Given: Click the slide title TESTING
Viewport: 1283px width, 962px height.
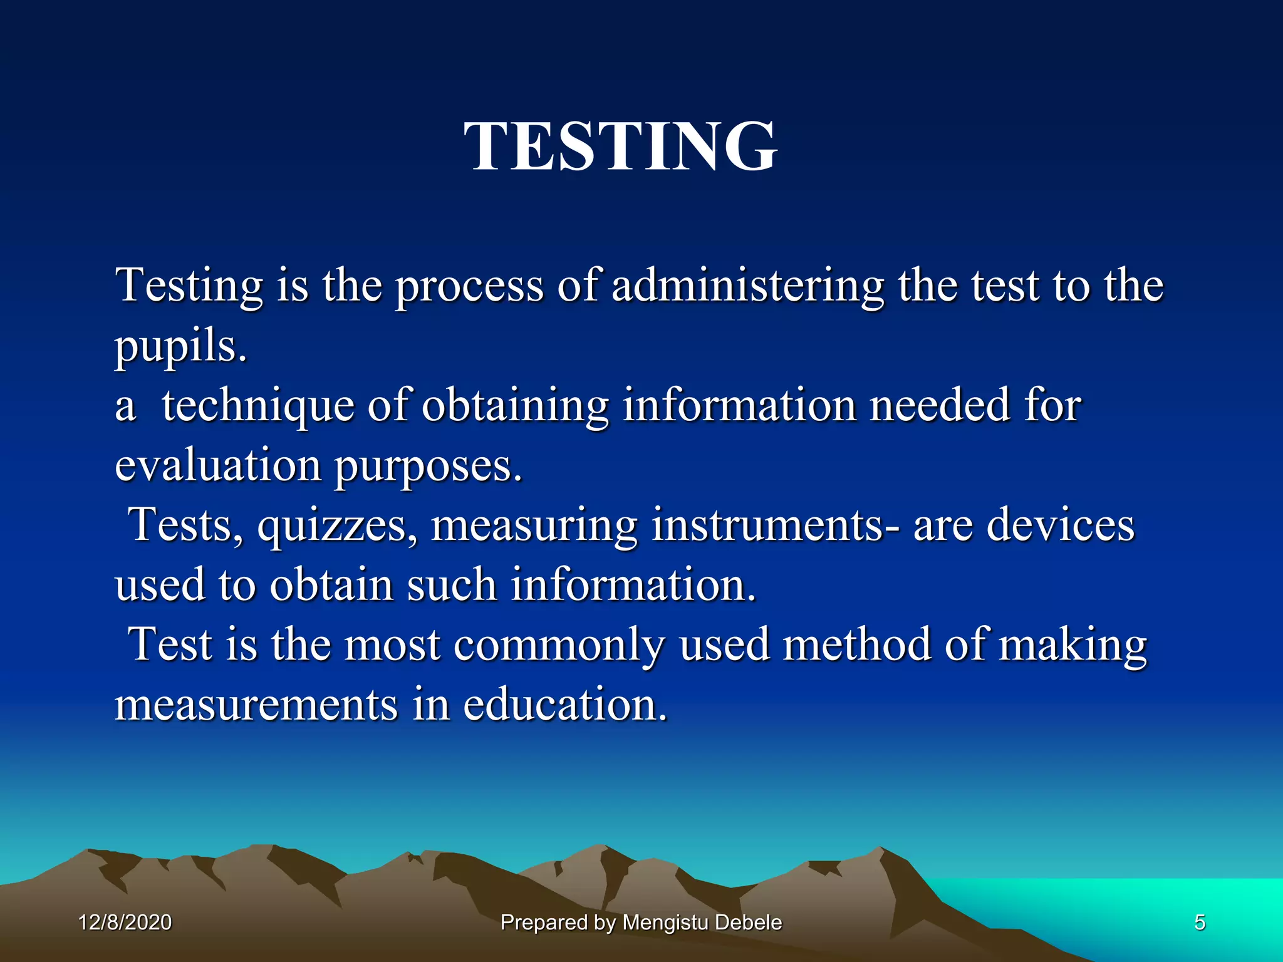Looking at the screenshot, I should tap(620, 147).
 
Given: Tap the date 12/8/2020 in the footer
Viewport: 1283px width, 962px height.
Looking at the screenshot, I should tap(125, 923).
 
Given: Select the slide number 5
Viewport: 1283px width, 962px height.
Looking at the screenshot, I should tap(1199, 923).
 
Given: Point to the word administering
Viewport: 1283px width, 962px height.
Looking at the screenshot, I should tap(747, 286).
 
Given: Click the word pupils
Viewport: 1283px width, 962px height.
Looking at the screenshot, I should tap(180, 346).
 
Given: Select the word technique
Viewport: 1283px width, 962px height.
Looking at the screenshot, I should tap(257, 406).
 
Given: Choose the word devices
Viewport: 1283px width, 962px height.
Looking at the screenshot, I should tap(1060, 525).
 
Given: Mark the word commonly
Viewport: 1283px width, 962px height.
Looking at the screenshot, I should tap(559, 646).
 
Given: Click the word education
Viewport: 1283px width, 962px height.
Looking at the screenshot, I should tap(565, 705).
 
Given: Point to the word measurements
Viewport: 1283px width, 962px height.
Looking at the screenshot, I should tap(256, 705).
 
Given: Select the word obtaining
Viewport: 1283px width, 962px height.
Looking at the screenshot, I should tap(514, 406).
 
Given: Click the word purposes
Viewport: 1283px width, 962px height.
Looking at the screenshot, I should tap(427, 467).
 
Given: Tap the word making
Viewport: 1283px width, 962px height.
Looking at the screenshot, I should tap(1073, 646).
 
